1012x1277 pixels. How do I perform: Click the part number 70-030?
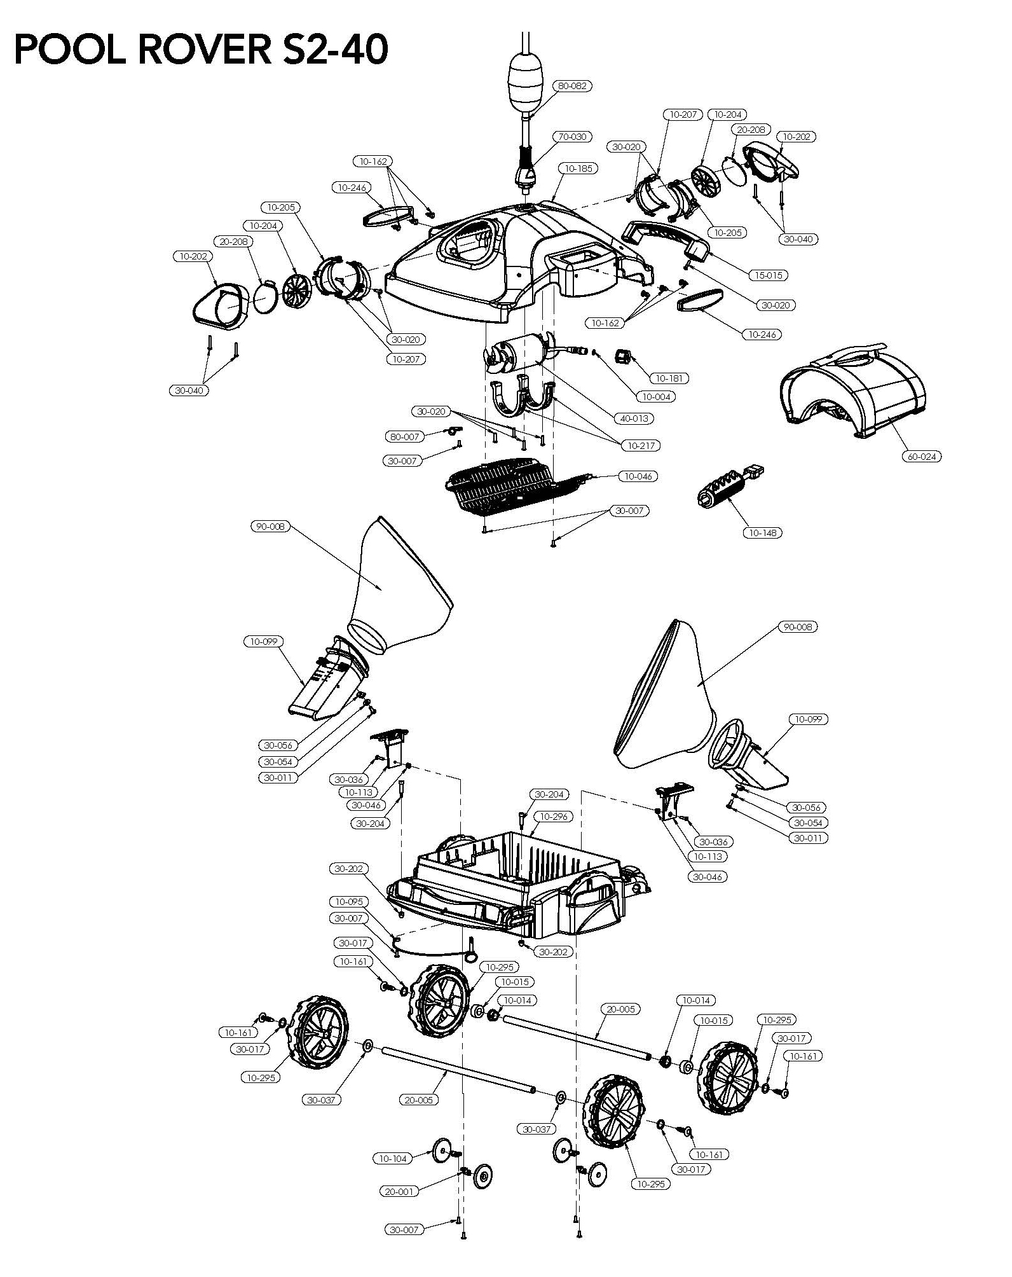[571, 137]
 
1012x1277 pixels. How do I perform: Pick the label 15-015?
[768, 275]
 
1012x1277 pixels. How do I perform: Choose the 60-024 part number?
[921, 456]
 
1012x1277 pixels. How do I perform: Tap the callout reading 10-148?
[762, 532]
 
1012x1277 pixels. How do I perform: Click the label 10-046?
[638, 476]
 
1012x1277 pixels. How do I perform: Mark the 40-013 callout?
[634, 418]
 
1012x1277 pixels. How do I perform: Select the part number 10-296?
[553, 816]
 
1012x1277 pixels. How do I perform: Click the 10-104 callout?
[393, 1158]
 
